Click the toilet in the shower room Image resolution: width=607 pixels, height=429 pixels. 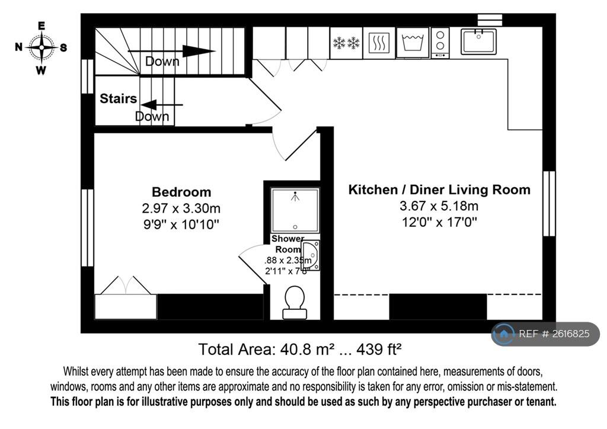tap(295, 303)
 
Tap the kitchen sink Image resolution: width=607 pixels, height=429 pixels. tap(478, 41)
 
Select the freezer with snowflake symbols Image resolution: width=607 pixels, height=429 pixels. tap(346, 43)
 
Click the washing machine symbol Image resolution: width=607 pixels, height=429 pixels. tap(413, 42)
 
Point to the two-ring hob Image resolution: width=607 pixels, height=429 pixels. tap(440, 43)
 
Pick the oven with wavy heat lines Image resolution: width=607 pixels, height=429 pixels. tap(379, 43)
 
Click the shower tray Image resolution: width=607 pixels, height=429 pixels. tap(295, 210)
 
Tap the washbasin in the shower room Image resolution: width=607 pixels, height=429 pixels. tap(311, 255)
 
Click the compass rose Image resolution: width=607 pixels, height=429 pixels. tap(41, 47)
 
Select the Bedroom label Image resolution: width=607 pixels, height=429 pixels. tap(181, 192)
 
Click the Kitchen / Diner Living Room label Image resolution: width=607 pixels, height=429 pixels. tap(439, 190)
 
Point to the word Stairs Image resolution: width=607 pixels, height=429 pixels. tap(118, 98)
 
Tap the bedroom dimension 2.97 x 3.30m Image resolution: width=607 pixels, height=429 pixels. tap(181, 209)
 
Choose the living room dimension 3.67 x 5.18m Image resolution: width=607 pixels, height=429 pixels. tap(439, 206)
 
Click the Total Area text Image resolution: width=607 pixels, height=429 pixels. tap(299, 350)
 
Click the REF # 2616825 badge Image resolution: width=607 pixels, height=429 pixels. tap(545, 334)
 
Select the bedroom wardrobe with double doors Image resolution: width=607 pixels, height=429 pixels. tap(126, 298)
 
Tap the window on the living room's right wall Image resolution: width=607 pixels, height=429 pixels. tap(549, 203)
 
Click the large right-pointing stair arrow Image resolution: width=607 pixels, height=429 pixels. tap(171, 51)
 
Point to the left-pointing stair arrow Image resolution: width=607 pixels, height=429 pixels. tap(161, 105)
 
